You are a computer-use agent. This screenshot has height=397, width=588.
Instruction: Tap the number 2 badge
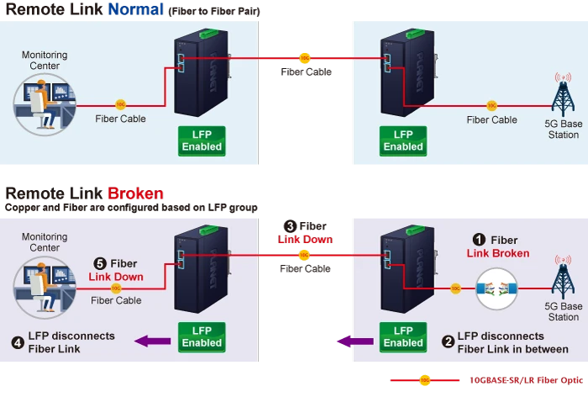449,341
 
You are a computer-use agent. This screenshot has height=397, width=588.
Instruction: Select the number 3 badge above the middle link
289,226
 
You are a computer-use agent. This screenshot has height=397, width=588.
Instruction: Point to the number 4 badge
18,341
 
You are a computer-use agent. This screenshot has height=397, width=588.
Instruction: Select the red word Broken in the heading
137,193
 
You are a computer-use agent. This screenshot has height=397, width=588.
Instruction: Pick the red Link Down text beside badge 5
116,277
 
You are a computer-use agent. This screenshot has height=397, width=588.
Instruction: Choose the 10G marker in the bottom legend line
425,379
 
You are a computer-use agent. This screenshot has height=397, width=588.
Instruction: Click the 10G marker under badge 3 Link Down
304,254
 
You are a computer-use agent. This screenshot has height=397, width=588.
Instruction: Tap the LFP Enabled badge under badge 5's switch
202,336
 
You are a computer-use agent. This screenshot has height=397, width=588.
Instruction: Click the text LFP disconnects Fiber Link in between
512,342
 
